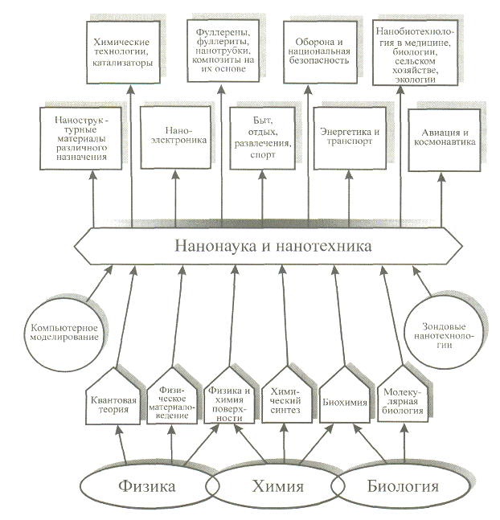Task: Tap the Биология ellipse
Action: tap(403, 486)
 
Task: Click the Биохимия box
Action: tap(344, 399)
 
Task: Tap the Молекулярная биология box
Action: tap(401, 399)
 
